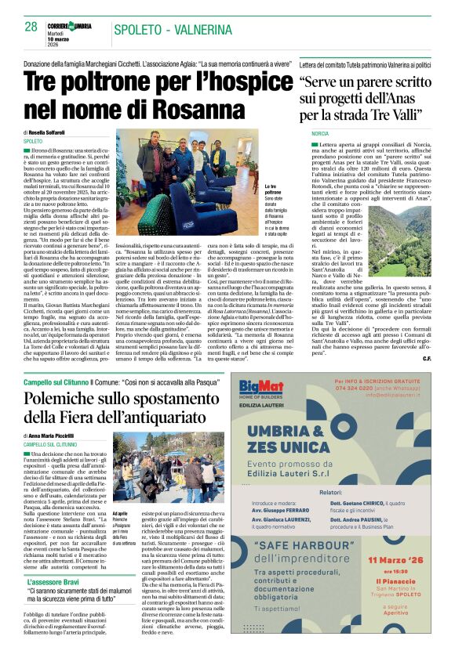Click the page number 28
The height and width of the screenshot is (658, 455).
click(31, 27)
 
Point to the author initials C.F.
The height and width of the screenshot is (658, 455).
click(425, 358)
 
